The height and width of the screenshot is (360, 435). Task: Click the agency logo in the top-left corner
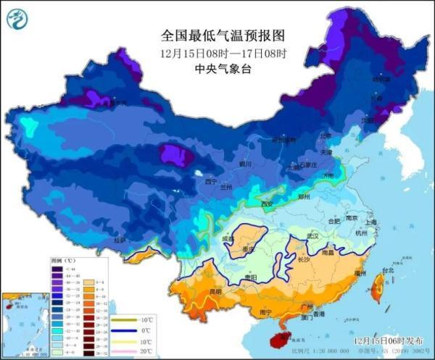(17, 17)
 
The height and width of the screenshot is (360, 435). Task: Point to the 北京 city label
(326, 136)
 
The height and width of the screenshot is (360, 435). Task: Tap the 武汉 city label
(313, 236)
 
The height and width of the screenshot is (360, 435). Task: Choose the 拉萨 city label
(119, 239)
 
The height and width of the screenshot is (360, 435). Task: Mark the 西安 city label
(267, 205)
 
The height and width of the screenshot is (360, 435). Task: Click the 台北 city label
(387, 271)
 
